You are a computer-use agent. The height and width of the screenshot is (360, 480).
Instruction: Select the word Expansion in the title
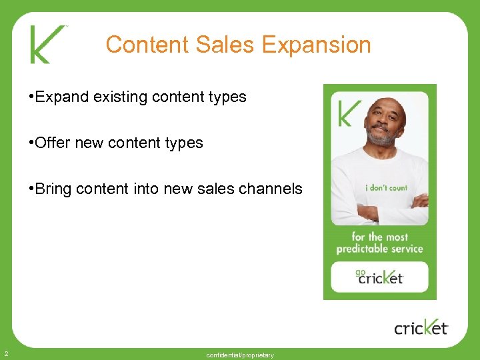tap(316, 45)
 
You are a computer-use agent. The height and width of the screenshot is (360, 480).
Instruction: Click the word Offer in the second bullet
tap(53, 143)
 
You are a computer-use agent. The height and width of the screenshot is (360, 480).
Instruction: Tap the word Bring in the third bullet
tap(53, 189)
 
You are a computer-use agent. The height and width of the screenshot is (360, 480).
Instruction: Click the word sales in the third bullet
tap(213, 189)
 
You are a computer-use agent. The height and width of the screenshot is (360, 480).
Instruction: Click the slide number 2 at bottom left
tap(5, 353)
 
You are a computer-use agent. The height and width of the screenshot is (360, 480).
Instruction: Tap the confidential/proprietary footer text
tap(240, 355)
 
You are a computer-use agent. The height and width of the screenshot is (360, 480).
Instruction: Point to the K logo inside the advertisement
tap(350, 113)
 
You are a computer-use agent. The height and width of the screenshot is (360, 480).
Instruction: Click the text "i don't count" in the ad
tap(386, 188)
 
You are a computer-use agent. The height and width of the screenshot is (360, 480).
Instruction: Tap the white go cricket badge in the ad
tap(380, 276)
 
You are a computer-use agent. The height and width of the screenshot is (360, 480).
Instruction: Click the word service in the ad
tap(407, 249)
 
